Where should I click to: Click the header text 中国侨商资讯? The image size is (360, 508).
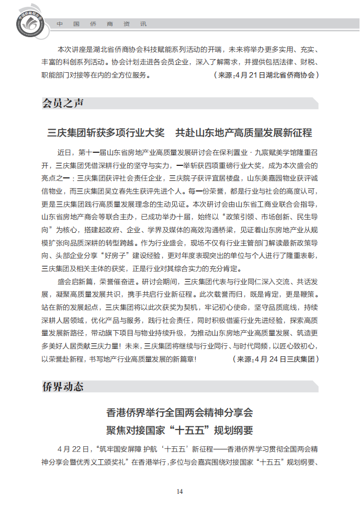[x=102, y=24]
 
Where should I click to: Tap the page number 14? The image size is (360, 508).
[x=179, y=491]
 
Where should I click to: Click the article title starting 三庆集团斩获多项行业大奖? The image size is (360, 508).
[x=106, y=132]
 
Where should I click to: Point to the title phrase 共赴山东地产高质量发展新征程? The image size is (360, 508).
[x=244, y=132]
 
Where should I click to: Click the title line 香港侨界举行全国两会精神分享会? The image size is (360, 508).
[x=179, y=413]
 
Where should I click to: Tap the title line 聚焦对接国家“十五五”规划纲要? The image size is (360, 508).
[x=179, y=431]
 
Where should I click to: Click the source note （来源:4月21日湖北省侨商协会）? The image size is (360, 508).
[x=266, y=75]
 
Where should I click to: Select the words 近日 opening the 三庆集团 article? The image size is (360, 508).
[x=64, y=153]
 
